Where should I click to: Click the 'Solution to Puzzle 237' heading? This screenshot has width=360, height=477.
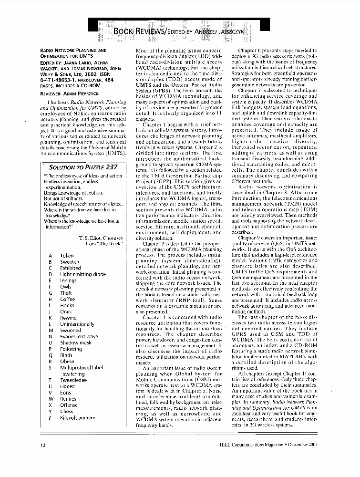[x=83, y=167]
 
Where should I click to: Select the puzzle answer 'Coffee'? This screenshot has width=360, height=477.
[x=68, y=299]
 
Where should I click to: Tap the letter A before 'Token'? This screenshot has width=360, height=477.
[x=51, y=256]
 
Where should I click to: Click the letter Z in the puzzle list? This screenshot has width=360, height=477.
[x=51, y=417]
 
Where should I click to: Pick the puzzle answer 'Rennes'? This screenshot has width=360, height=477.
[x=68, y=399]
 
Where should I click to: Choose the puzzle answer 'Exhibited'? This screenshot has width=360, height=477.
[x=71, y=268]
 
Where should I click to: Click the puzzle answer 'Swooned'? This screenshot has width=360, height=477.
[x=71, y=330]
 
